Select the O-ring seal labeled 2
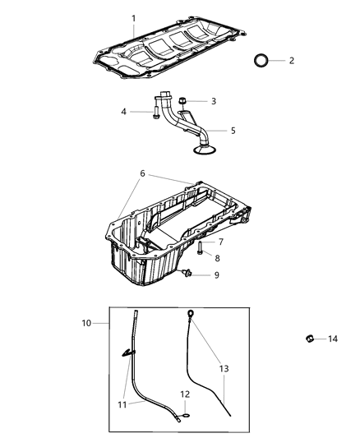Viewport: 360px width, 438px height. [261, 61]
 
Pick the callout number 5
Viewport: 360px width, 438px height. [233, 130]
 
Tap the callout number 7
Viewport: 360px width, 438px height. [220, 242]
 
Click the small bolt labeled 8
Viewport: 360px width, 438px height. [200, 247]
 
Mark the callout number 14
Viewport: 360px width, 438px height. [332, 339]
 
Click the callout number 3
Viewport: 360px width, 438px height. [214, 101]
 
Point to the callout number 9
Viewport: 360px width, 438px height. [216, 274]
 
